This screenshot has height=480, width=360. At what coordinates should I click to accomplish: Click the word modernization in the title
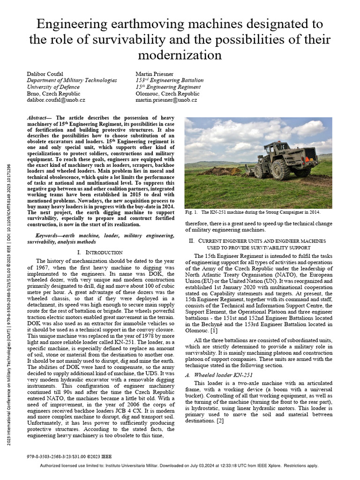coord(180,55)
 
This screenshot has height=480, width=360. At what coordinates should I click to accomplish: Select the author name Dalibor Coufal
coord(45,74)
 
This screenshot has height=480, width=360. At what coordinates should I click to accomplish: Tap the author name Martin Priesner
coord(155,74)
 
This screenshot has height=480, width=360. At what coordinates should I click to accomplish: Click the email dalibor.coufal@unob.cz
coord(56,100)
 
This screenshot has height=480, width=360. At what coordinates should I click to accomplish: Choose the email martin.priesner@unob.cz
coord(166,100)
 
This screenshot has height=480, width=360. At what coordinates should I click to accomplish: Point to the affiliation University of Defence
coord(53,87)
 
